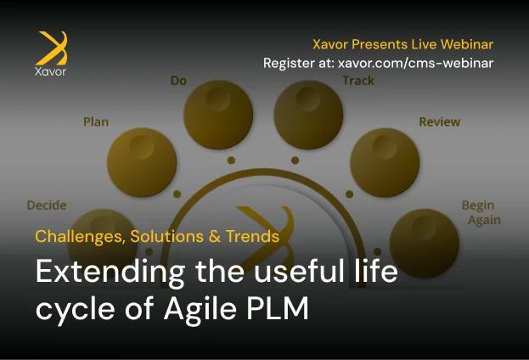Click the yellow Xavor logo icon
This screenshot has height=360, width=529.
[x=52, y=48]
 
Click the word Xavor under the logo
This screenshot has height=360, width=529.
[x=51, y=71]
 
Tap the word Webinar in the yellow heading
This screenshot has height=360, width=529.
[x=467, y=44]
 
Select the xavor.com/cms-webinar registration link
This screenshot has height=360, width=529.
[x=416, y=63]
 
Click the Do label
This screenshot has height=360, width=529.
[x=178, y=81]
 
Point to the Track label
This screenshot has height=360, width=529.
[x=358, y=81]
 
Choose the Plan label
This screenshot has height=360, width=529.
[x=96, y=121]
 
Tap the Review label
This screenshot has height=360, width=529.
[x=440, y=121]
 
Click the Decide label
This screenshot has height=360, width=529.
[x=47, y=205]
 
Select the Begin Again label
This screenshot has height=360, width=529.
[x=481, y=212]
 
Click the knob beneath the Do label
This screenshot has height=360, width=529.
[x=218, y=115]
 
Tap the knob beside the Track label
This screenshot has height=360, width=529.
[x=308, y=115]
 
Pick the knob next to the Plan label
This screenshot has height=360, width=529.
[x=142, y=163]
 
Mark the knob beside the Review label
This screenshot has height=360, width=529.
[x=385, y=163]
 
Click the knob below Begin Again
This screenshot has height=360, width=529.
[x=425, y=244]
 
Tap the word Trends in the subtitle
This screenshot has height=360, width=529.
[x=252, y=236]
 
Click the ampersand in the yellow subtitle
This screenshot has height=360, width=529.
[x=214, y=236]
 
